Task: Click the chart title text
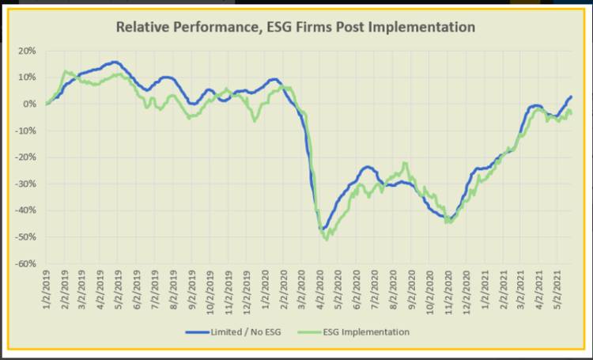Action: click(x=295, y=27)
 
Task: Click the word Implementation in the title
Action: click(x=423, y=27)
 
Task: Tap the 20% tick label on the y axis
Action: click(x=25, y=51)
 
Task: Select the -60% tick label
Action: click(x=24, y=263)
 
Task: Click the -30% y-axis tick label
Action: click(x=24, y=184)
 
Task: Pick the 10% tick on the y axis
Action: click(x=25, y=78)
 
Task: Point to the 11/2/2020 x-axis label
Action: click(x=448, y=290)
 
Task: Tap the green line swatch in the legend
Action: click(x=315, y=332)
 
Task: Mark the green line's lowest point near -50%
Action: click(x=327, y=238)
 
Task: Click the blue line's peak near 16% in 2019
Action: click(x=115, y=62)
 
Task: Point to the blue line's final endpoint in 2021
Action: click(x=571, y=97)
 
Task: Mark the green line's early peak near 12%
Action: click(x=66, y=72)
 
